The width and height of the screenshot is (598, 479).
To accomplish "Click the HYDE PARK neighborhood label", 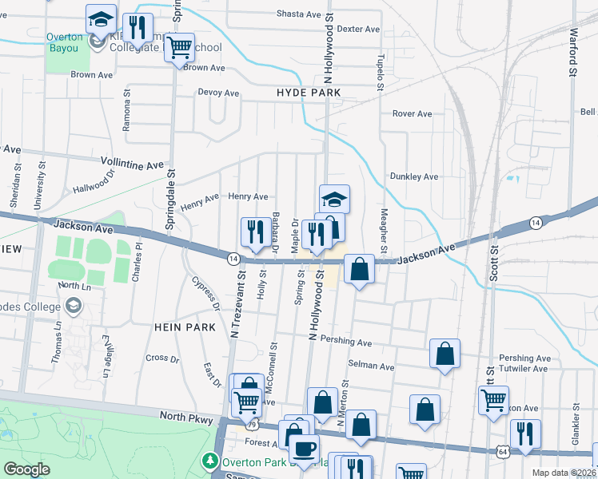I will click(309, 93).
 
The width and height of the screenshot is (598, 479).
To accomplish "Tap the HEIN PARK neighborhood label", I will click(185, 327).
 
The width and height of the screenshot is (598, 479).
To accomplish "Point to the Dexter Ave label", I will click(358, 29).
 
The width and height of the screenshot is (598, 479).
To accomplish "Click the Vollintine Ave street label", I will click(132, 164).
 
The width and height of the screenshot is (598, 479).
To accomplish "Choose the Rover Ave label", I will click(412, 113).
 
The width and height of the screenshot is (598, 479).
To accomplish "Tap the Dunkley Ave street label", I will click(413, 176).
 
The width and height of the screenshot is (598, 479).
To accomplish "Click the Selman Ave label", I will click(372, 367).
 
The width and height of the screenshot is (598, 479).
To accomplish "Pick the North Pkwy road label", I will click(184, 416).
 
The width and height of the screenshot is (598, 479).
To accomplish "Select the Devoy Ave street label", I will click(219, 93).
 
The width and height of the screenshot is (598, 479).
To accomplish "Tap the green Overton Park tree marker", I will click(209, 461).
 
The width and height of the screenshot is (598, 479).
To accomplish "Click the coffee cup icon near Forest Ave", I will click(304, 449).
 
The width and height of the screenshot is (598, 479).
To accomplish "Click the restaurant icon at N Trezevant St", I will click(256, 232).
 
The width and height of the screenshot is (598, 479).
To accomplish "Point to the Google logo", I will click(27, 469).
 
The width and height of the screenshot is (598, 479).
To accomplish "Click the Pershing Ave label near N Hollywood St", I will click(346, 342).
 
